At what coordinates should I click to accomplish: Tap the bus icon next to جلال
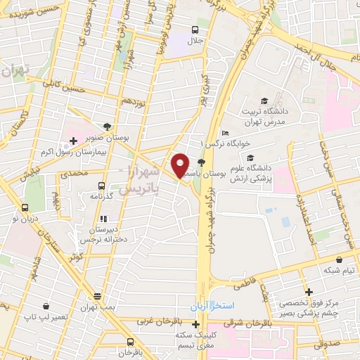[x=194, y=30]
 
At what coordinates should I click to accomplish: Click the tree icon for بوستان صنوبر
[x=106, y=127]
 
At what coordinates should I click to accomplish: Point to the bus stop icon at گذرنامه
[x=102, y=186]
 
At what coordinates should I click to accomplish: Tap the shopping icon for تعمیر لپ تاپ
[x=46, y=306]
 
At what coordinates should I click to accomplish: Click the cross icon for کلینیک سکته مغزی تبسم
[x=195, y=324]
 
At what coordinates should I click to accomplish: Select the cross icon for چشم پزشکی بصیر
[x=308, y=292]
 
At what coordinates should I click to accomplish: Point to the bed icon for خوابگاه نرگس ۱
[x=225, y=134]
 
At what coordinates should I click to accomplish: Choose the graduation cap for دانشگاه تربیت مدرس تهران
[x=264, y=101]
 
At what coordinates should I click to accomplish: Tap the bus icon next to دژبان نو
[x=25, y=208]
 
